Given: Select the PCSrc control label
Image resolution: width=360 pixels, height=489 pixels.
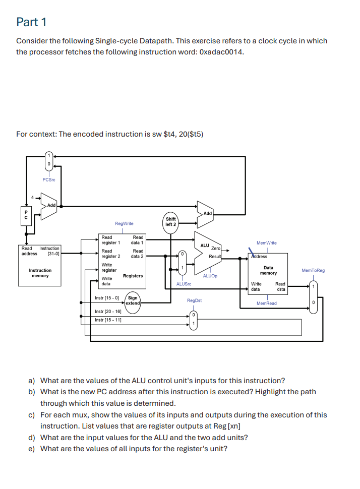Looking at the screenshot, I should [49, 180].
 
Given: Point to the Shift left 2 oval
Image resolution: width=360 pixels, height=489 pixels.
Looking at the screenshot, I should [171, 221].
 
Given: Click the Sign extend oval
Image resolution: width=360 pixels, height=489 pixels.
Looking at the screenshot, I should [133, 300].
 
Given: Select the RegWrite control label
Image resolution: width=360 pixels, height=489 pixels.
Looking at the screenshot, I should [124, 223].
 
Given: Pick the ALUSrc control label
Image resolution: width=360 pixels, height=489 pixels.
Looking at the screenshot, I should [184, 284].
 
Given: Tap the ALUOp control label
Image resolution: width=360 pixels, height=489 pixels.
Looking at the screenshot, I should [210, 276].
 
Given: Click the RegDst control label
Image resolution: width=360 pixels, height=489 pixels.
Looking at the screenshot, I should [194, 300].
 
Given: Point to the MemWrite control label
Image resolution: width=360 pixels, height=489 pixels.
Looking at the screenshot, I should [266, 243].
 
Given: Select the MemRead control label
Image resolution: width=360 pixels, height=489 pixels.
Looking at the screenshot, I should [266, 303].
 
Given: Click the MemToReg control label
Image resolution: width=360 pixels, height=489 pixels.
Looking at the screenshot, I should [313, 271].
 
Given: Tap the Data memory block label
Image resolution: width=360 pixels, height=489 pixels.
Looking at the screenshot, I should [268, 270].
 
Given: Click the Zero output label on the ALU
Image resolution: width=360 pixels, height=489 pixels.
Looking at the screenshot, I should [215, 249].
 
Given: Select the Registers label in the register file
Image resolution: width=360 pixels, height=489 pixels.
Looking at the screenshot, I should [133, 276].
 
